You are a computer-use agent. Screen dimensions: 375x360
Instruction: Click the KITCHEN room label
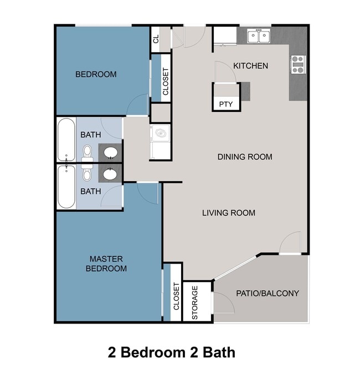[x=250, y=66]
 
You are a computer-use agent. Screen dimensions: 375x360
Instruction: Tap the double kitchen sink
[x=259, y=37]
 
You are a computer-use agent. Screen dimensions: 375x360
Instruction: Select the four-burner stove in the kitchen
[x=297, y=65]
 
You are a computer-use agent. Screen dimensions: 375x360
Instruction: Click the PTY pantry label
[x=225, y=104]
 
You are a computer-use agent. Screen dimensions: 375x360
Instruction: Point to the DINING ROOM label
[x=244, y=157]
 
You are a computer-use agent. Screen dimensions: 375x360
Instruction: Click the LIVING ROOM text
[x=228, y=213]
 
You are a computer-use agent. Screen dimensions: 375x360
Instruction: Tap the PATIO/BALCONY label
[x=268, y=293]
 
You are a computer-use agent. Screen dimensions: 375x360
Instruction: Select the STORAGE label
[x=195, y=302]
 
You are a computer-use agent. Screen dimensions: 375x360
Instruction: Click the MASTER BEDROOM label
[x=109, y=264]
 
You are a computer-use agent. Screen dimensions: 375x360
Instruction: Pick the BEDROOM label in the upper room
[x=96, y=74]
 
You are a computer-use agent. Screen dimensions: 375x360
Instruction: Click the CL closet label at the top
[x=156, y=39]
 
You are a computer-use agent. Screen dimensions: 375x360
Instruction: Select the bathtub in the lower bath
[x=66, y=187]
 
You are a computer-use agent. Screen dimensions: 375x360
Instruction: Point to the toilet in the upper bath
[x=87, y=151]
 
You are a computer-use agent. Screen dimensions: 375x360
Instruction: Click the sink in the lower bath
[x=110, y=174]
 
